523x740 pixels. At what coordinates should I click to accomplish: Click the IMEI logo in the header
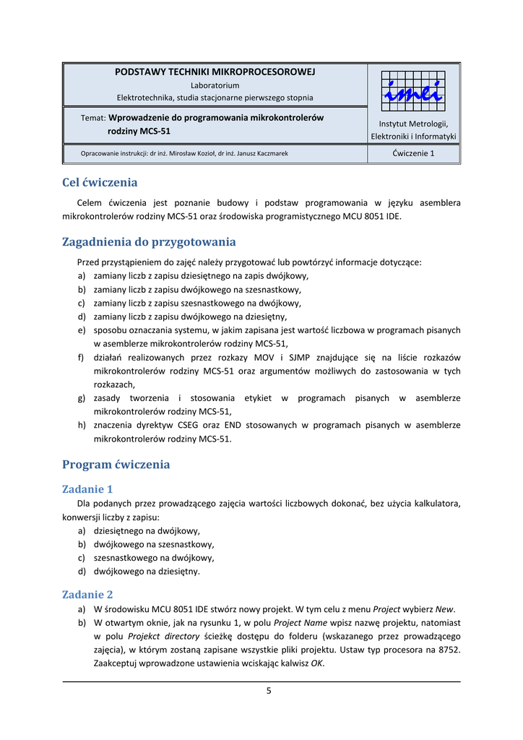(x=413, y=91)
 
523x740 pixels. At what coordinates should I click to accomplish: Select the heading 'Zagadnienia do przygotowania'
(x=149, y=242)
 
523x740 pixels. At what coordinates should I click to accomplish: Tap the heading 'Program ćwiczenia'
(x=116, y=465)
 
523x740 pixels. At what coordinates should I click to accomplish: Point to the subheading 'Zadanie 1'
(x=87, y=489)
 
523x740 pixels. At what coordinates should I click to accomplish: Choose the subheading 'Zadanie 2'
(x=87, y=595)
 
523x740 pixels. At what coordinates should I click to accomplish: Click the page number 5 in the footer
(x=269, y=691)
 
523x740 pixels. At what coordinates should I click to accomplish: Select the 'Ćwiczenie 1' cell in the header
(x=413, y=153)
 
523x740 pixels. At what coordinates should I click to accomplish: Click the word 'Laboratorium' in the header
(x=215, y=85)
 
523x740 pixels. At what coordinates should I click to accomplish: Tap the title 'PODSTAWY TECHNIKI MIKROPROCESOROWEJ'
(x=215, y=72)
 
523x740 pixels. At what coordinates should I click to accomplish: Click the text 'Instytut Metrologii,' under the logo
(x=413, y=124)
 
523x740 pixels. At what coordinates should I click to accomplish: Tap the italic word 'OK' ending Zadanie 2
(x=316, y=663)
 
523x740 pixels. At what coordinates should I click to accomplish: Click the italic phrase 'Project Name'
(x=301, y=622)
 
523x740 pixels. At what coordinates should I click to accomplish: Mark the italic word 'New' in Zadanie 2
(x=445, y=608)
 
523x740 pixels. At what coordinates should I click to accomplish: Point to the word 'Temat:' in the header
(x=94, y=118)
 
